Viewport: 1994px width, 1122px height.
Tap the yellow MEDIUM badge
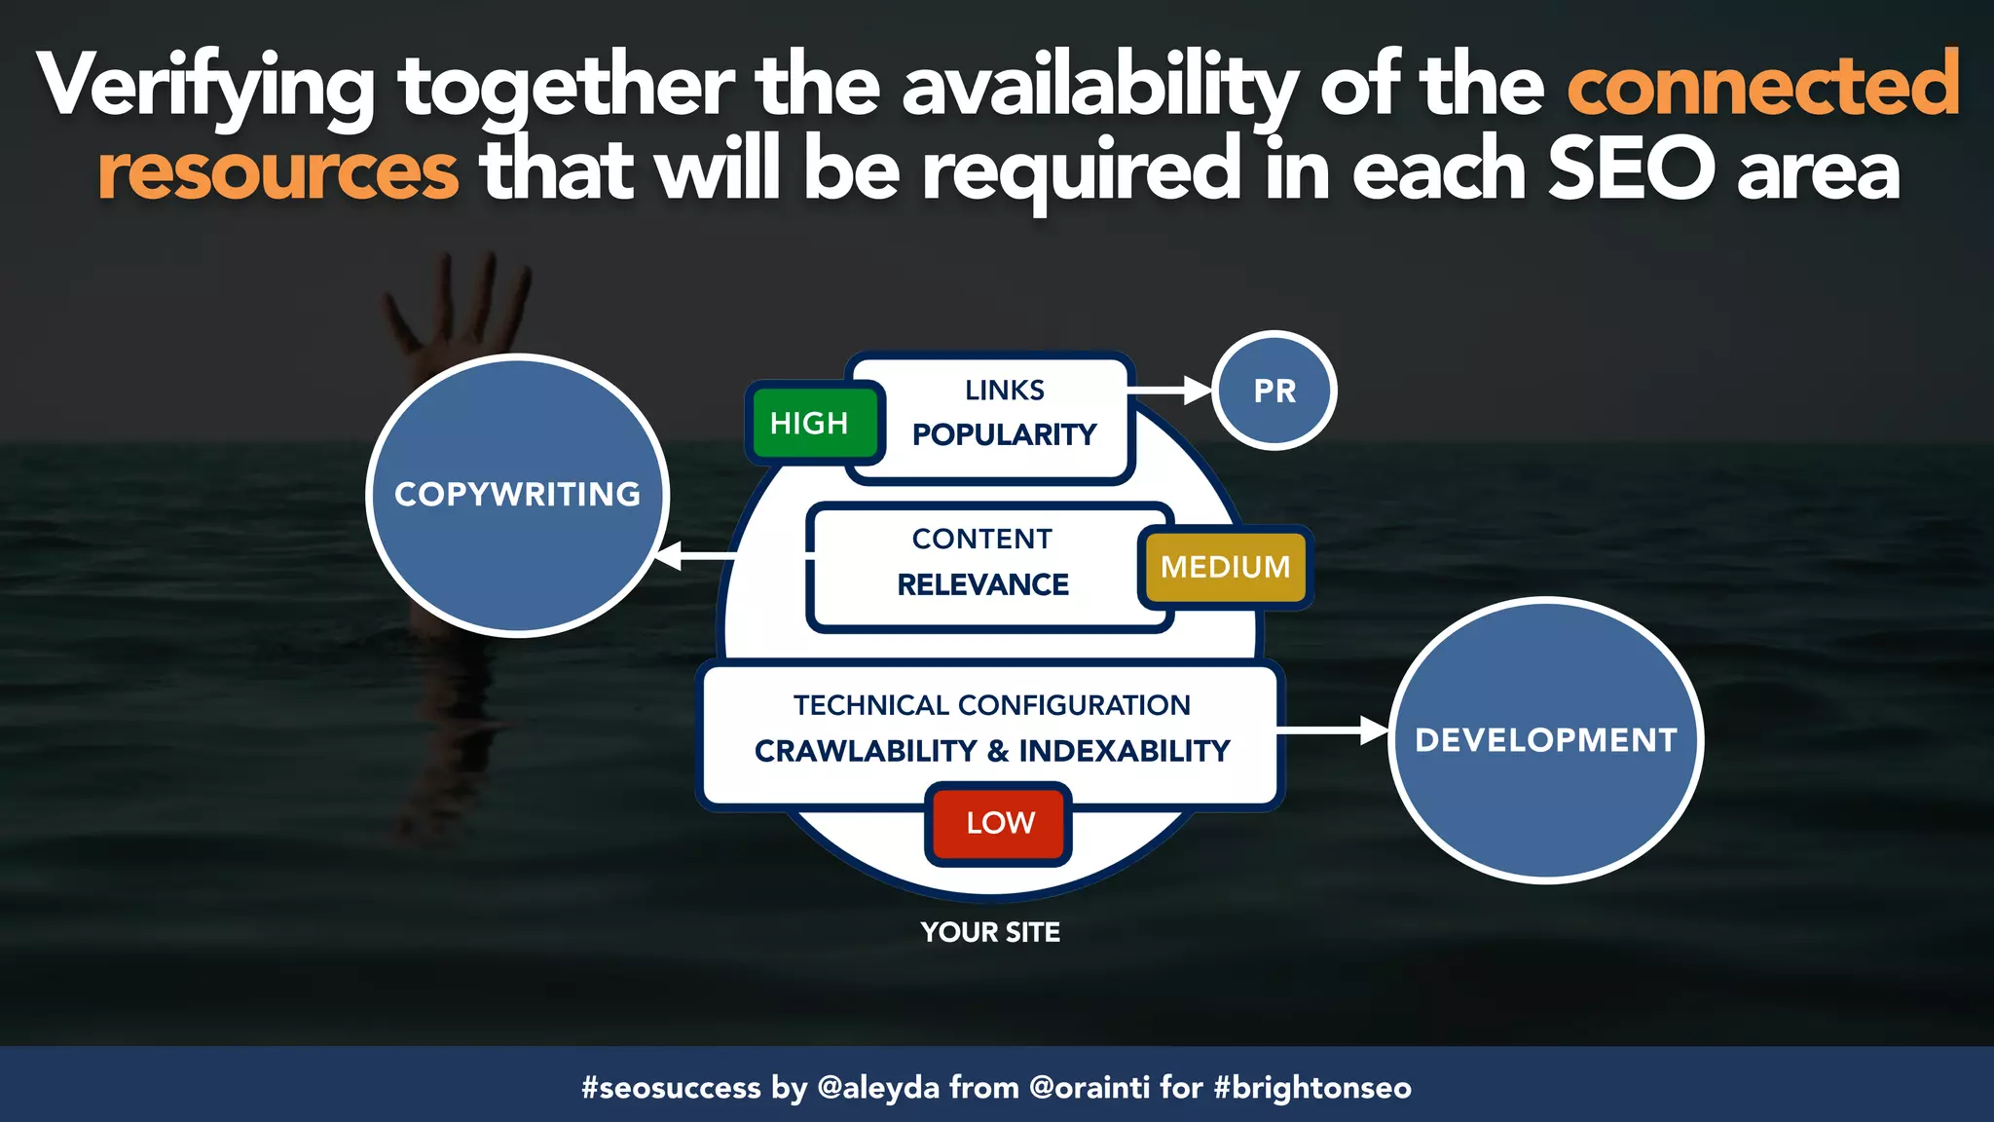1225,567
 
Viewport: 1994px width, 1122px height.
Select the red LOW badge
999,823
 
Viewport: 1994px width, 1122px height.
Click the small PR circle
1274,391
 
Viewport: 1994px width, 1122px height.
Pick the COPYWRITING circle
517,495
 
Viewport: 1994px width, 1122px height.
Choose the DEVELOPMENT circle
1545,740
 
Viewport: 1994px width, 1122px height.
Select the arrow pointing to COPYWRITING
695,556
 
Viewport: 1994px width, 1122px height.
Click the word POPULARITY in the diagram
1004,434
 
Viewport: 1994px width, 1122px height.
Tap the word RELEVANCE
982,584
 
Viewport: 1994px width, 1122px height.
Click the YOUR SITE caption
990,932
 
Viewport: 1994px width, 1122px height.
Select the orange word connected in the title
1762,86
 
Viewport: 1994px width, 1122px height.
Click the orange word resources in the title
278,171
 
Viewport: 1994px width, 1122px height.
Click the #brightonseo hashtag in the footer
1312,1087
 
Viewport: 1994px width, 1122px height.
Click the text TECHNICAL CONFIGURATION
991,705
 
